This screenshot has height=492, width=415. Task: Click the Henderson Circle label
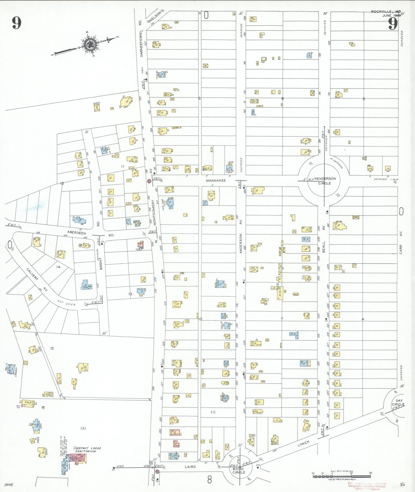(x=324, y=181)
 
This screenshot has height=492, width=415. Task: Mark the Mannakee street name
(x=216, y=181)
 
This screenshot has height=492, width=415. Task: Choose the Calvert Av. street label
(x=38, y=279)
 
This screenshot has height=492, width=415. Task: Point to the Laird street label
(x=190, y=467)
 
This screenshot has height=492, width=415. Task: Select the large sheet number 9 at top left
(x=16, y=24)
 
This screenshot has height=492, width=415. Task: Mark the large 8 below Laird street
(x=209, y=480)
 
